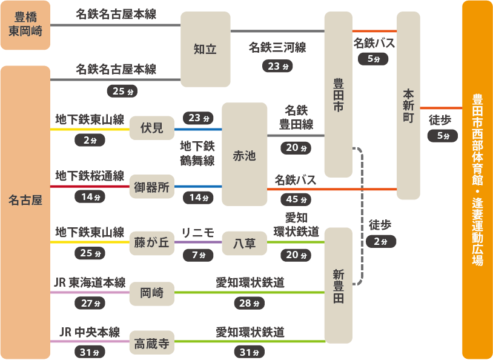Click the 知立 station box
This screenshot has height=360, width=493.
205,49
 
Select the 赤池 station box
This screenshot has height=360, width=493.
244,155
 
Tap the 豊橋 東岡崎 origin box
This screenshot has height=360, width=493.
25,24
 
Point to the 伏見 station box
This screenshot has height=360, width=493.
151,128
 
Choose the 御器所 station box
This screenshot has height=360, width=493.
151,187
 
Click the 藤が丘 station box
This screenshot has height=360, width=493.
151,243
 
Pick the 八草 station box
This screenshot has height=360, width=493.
244,243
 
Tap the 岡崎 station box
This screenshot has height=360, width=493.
151,293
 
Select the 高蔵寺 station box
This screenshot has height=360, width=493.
151,344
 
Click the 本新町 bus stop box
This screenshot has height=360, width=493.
408,106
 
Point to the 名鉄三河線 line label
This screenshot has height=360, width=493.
277,48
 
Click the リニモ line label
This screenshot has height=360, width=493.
198,233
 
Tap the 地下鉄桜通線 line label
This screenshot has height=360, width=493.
89,176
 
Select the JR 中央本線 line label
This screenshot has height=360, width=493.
89,333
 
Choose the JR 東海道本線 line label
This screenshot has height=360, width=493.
89,283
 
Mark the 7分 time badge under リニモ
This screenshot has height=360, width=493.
198,255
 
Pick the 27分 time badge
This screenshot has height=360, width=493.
89,303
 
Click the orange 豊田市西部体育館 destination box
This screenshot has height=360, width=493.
477,180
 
